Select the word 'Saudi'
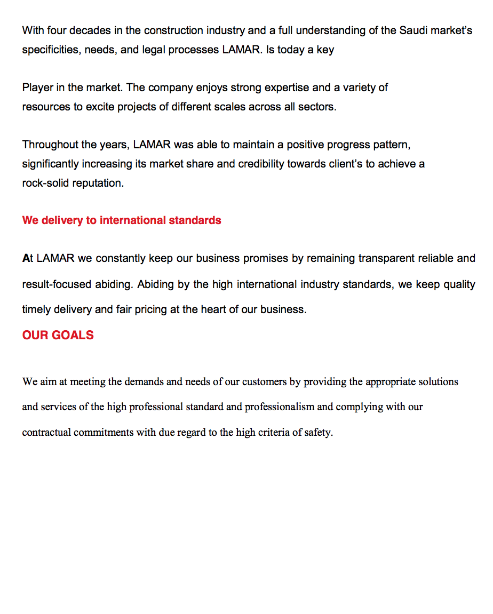click(413, 30)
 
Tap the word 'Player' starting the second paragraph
click(36, 87)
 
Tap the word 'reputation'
click(99, 183)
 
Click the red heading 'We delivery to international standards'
click(122, 220)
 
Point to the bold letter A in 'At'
click(26, 259)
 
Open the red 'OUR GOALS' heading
click(58, 335)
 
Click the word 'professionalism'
click(280, 407)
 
